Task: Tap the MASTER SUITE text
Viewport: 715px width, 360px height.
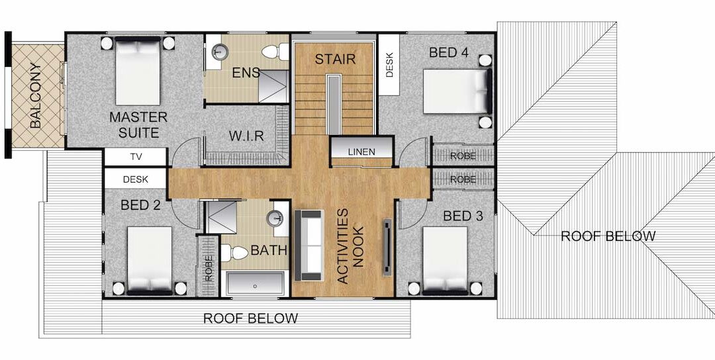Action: [138, 125]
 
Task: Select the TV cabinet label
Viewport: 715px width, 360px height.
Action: [136, 157]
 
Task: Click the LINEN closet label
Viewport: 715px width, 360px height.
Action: [361, 152]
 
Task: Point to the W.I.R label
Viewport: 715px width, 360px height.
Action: [246, 136]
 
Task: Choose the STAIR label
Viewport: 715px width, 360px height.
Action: [335, 59]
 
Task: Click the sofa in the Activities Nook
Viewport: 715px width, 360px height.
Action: [309, 245]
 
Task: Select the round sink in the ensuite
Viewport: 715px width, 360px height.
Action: [220, 50]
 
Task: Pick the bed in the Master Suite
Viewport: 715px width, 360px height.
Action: [138, 71]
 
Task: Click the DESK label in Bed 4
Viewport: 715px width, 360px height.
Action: [389, 65]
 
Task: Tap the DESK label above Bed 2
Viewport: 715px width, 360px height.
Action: [136, 179]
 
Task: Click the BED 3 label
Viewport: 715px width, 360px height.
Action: [463, 216]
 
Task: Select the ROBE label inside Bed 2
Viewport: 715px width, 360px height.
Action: [209, 268]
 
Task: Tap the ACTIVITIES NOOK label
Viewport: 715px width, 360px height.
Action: [350, 246]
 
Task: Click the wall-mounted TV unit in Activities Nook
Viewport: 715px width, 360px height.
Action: [387, 247]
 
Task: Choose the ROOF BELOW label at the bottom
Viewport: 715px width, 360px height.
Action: [250, 318]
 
